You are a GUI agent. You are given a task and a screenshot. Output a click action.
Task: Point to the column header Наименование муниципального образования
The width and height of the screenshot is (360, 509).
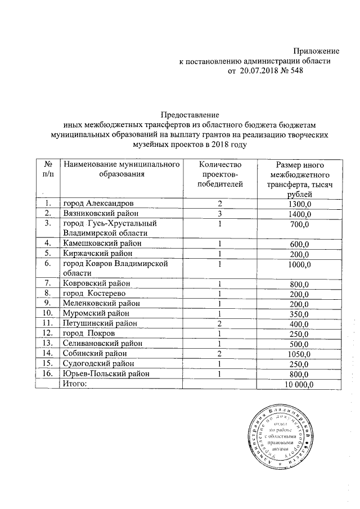click(x=122, y=169)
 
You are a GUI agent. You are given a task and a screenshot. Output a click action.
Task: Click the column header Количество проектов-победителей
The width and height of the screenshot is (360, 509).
click(x=220, y=173)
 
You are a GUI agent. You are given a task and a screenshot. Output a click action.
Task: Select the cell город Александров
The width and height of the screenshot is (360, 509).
click(x=98, y=203)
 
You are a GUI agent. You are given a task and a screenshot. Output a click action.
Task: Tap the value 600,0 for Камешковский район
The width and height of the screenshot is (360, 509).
click(x=299, y=244)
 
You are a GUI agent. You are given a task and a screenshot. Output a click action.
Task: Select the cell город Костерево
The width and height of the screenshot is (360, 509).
click(x=94, y=293)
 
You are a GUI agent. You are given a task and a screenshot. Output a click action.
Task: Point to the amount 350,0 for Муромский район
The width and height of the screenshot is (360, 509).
click(x=299, y=313)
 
